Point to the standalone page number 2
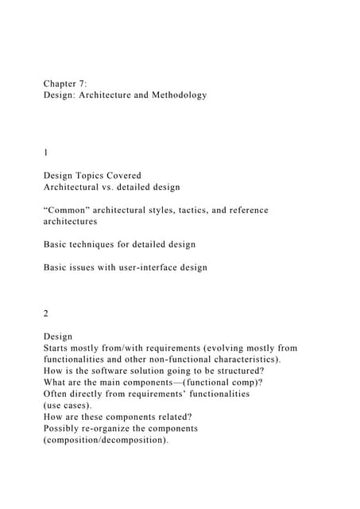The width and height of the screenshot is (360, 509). pos(46,313)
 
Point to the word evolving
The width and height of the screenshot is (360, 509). pos(232,348)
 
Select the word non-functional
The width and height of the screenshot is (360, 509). pos(179,359)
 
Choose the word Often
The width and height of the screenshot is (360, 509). pos(57,394)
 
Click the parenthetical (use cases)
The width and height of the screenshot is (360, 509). pos(68,406)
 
